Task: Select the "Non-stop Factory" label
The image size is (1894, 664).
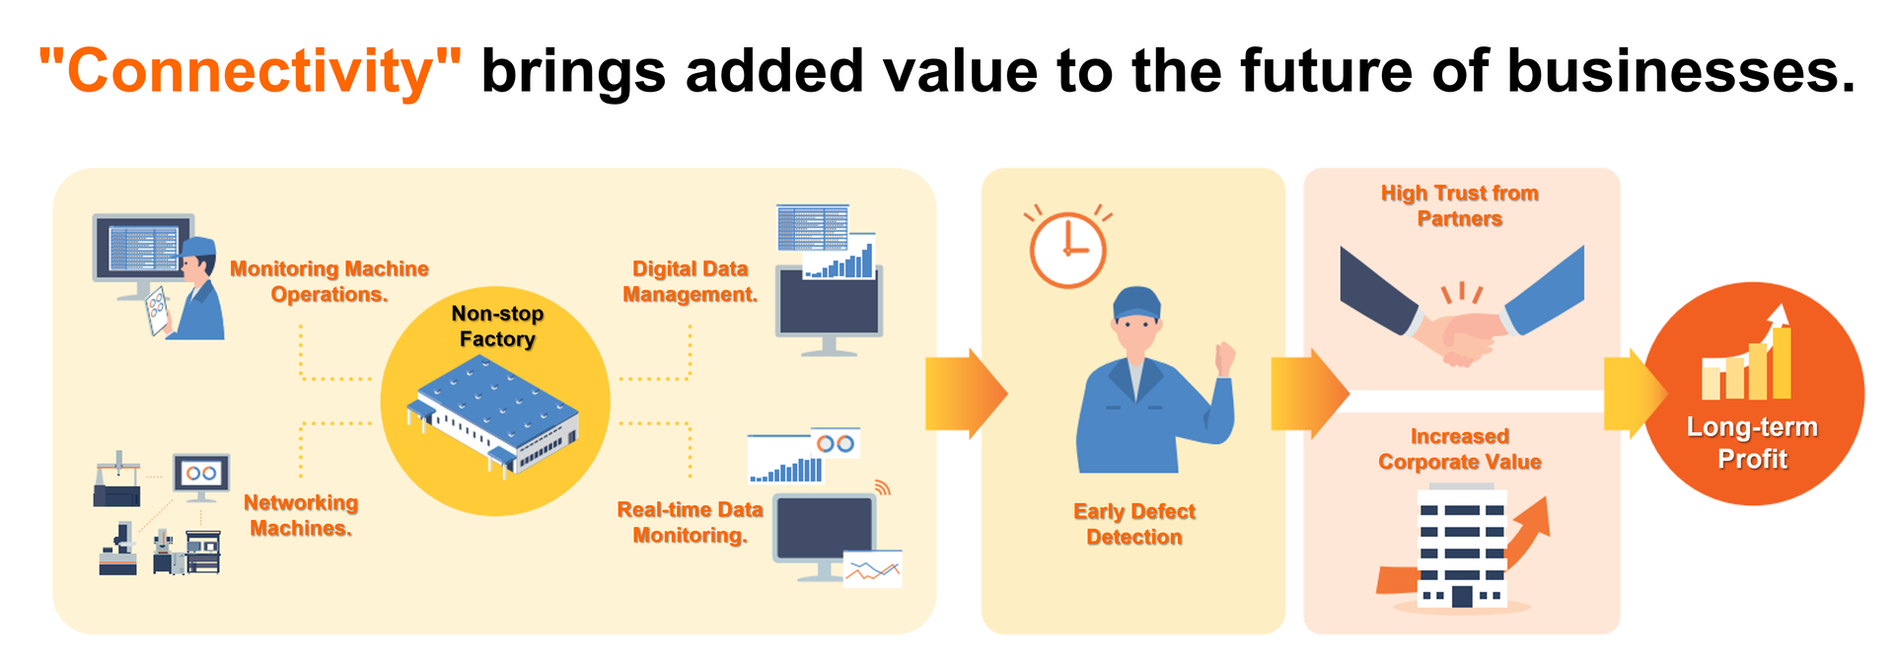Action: pos(497,327)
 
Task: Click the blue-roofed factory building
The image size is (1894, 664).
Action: pos(493,415)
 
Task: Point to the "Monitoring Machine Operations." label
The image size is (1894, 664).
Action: pos(329,281)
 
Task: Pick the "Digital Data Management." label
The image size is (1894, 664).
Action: pos(691,281)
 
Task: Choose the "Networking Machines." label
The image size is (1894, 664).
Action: pos(301,515)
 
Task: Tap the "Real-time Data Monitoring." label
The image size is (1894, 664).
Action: pos(691,522)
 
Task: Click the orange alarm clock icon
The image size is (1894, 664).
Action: pos(1067,247)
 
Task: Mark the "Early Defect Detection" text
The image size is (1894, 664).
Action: pos(1134,524)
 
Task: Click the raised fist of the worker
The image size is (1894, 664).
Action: pos(1225,356)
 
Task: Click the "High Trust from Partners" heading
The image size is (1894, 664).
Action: pos(1460,205)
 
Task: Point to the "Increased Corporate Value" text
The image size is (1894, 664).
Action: pos(1460,449)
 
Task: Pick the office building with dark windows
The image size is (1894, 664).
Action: pos(1462,546)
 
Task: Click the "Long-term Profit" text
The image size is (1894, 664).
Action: pos(1752,442)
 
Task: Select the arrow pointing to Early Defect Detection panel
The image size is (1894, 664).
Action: pos(966,394)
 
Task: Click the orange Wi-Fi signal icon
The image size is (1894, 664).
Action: pos(882,487)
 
